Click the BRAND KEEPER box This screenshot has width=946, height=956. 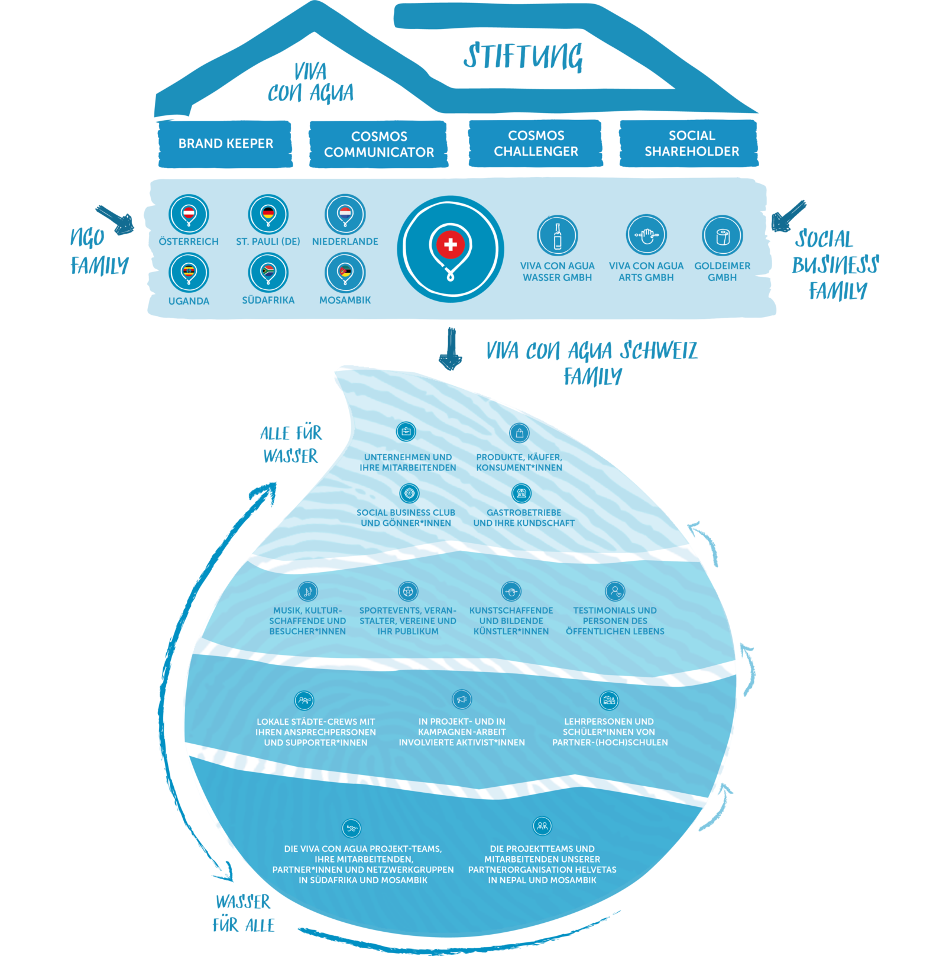pos(225,144)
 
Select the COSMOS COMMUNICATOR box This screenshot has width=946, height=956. pos(378,144)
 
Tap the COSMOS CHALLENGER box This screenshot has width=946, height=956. pos(536,144)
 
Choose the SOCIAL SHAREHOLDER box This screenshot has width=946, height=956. pos(691,144)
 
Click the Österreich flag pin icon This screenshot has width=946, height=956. pos(189,214)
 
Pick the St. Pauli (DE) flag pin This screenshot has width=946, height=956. pos(268,214)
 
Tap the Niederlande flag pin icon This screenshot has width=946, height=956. pos(345,214)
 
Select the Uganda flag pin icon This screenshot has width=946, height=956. pos(189,273)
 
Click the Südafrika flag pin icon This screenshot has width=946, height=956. pos(268,272)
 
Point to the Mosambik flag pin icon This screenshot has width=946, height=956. pos(345,272)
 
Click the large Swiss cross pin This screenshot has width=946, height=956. pos(451,249)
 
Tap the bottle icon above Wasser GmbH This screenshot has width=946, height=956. pos(558,235)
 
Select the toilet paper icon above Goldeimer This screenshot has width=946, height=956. pos(722,235)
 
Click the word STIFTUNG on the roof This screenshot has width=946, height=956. pos(523,57)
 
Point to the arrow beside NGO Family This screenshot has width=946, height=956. pos(116,220)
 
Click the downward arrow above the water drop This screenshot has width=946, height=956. pos(451,349)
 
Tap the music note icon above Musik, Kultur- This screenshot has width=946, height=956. pos(307,591)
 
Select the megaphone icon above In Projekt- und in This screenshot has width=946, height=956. pos(462,699)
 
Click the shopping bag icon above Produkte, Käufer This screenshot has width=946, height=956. pos(519,433)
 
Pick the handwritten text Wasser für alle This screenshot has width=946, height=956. pos(244,913)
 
